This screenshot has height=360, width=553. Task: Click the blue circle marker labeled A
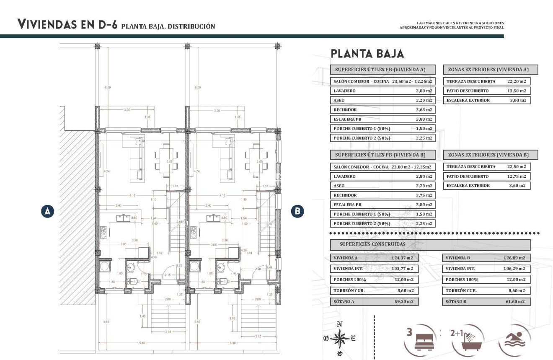pyautogui.click(x=48, y=211)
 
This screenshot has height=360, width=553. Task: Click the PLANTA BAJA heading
pyautogui.click(x=367, y=54)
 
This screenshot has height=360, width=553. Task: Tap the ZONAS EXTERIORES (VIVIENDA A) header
pyautogui.click(x=490, y=70)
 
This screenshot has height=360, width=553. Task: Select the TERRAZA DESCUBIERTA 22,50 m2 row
pyautogui.click(x=487, y=167)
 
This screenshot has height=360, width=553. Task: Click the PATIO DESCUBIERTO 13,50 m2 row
pyautogui.click(x=487, y=91)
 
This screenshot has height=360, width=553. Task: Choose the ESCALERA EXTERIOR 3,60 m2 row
pyautogui.click(x=487, y=186)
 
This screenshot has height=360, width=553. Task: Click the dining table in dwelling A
pyautogui.click(x=167, y=160)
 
